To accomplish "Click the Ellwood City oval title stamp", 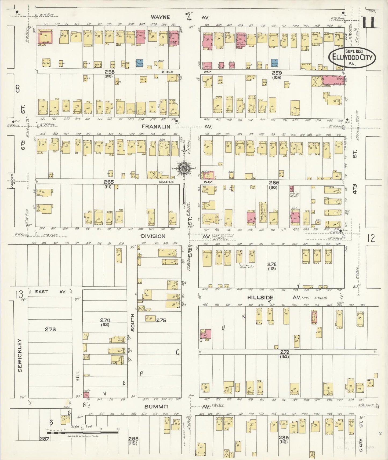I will click(352, 57).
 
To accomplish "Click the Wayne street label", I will click(160, 17).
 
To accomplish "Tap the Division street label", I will click(154, 236).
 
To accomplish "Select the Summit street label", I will click(156, 406).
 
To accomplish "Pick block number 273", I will click(50, 329).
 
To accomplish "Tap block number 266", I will click(274, 182).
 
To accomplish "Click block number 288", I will click(133, 439).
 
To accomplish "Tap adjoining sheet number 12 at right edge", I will click(371, 238).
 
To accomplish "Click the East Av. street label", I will click(42, 291).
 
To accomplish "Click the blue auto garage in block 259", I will click(274, 63).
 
